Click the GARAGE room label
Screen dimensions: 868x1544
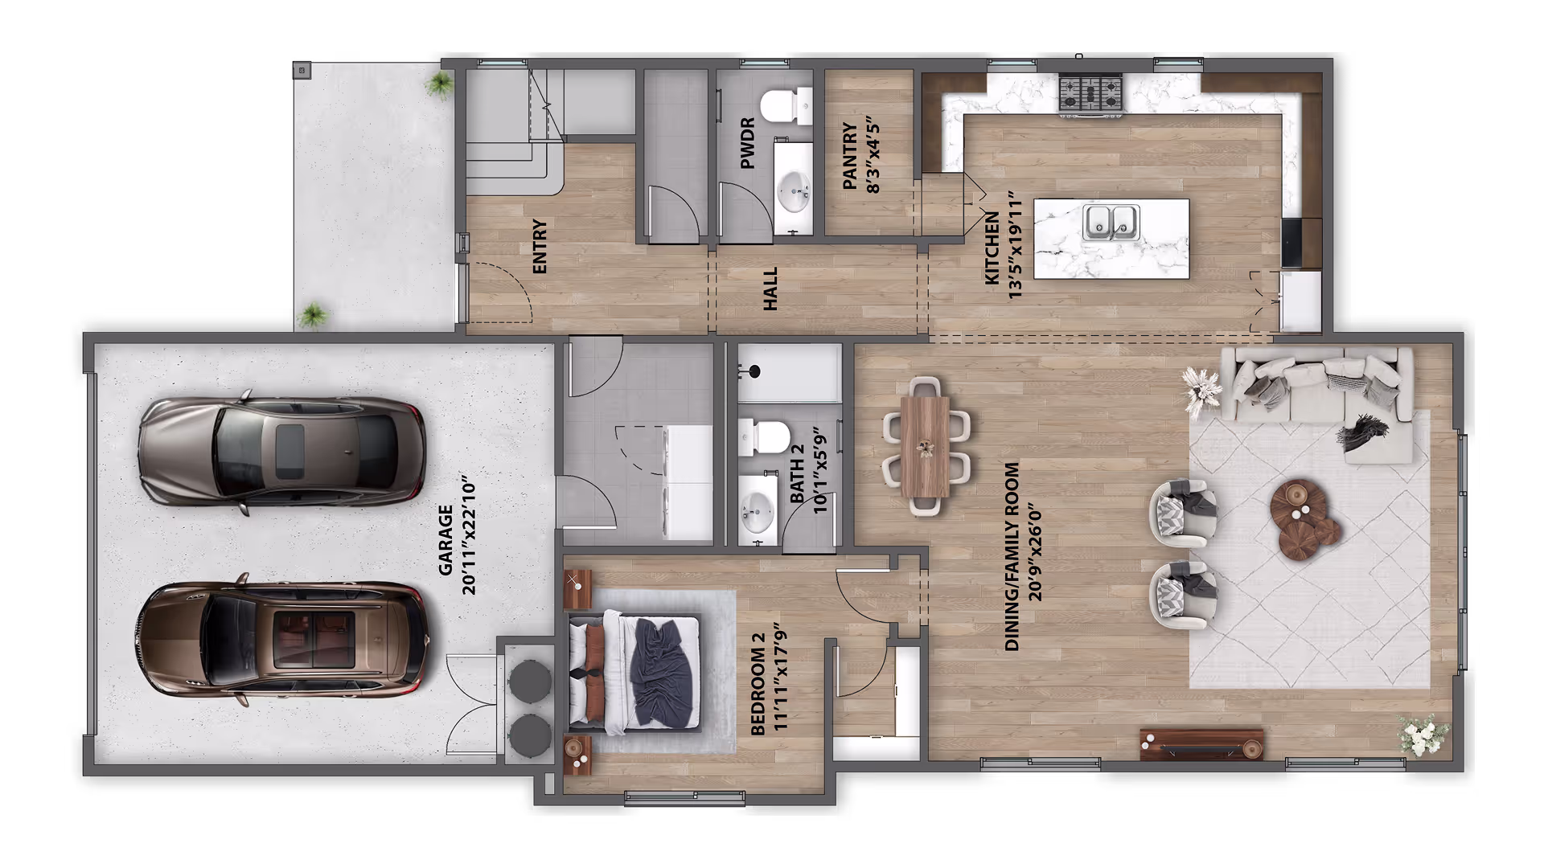(446, 540)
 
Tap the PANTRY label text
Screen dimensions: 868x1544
(849, 156)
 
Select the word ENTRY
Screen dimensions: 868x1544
(540, 246)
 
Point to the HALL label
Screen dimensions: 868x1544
(771, 289)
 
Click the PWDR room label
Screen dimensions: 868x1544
(747, 143)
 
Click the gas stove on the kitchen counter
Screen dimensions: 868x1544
(1090, 95)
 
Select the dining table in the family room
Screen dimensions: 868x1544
(926, 446)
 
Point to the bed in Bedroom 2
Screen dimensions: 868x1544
(635, 673)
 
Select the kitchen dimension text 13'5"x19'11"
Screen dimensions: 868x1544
(1015, 245)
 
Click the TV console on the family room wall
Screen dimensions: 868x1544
(1201, 744)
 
